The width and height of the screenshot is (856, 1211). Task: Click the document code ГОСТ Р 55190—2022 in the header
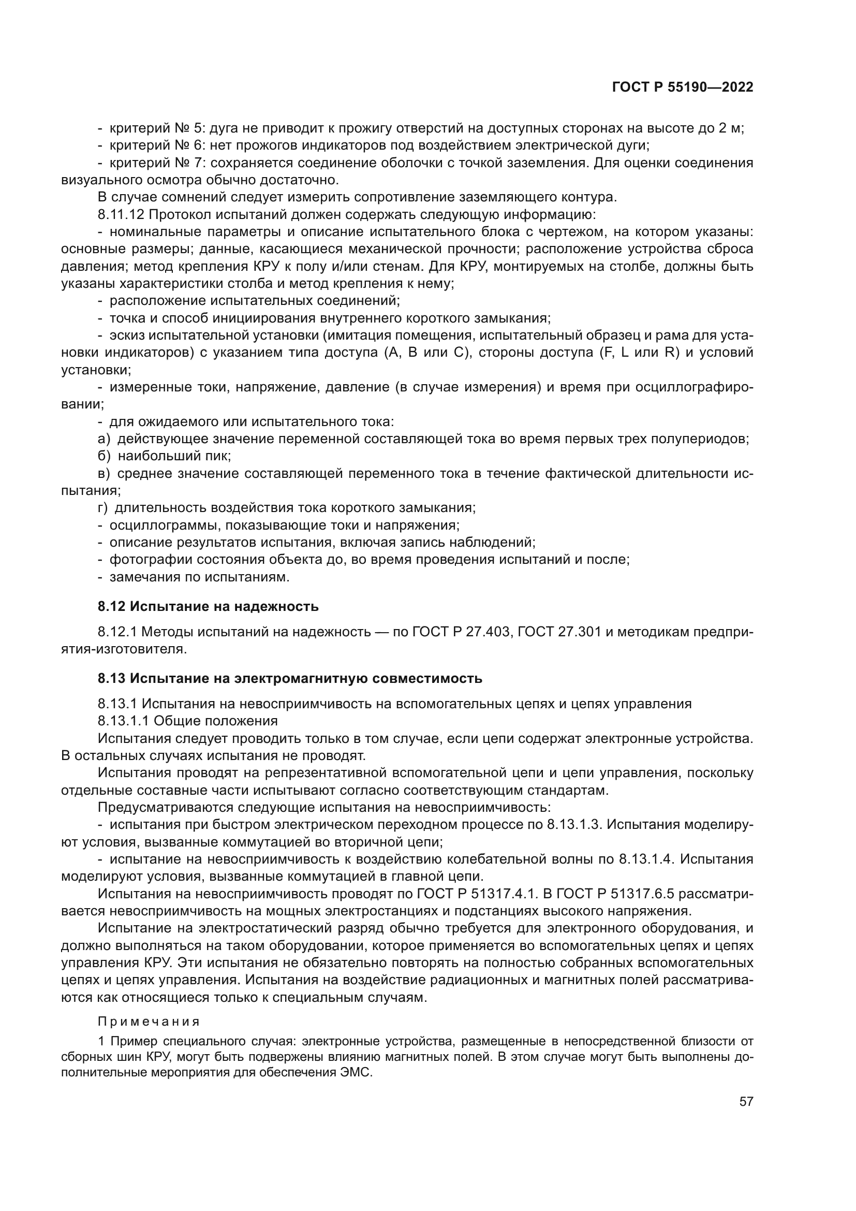[x=683, y=87]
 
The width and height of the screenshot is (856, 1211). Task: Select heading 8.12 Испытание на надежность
[x=208, y=607]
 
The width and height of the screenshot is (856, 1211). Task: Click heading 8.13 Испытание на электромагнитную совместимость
[x=290, y=678]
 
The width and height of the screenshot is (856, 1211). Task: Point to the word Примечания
[x=149, y=1022]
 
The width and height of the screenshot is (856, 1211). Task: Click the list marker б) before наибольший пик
[x=105, y=456]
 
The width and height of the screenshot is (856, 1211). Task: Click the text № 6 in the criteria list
[x=188, y=145]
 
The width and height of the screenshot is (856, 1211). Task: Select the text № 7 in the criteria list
[x=188, y=163]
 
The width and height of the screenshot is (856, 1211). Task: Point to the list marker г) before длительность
[x=104, y=508]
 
